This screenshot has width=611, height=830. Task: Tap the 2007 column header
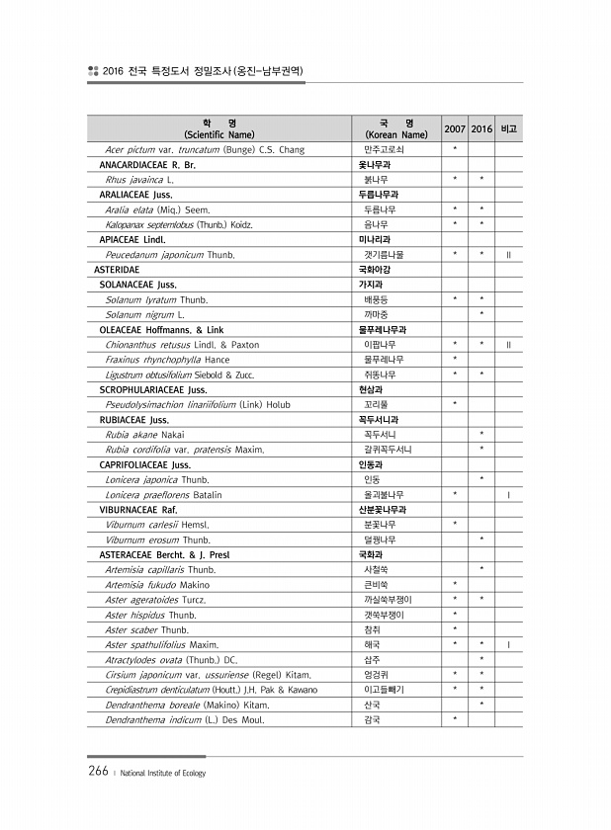pyautogui.click(x=455, y=129)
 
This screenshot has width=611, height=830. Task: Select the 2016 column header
pyautogui.click(x=481, y=129)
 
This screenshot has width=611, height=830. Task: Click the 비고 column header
pyautogui.click(x=508, y=129)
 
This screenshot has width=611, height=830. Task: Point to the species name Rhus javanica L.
pyautogui.click(x=139, y=180)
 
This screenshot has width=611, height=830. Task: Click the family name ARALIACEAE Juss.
pyautogui.click(x=130, y=195)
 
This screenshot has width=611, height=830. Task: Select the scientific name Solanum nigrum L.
pyautogui.click(x=145, y=314)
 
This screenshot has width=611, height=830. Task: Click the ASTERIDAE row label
pyautogui.click(x=116, y=269)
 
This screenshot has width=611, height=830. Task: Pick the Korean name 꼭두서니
pyautogui.click(x=381, y=434)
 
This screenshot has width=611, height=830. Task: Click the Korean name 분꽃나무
pyautogui.click(x=380, y=524)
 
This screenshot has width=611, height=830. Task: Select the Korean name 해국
pyautogui.click(x=373, y=644)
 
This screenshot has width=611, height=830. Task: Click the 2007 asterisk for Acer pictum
pyautogui.click(x=455, y=149)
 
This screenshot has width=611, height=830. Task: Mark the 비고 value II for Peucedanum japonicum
pyautogui.click(x=508, y=254)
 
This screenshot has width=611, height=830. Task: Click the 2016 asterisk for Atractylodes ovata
pyautogui.click(x=481, y=659)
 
